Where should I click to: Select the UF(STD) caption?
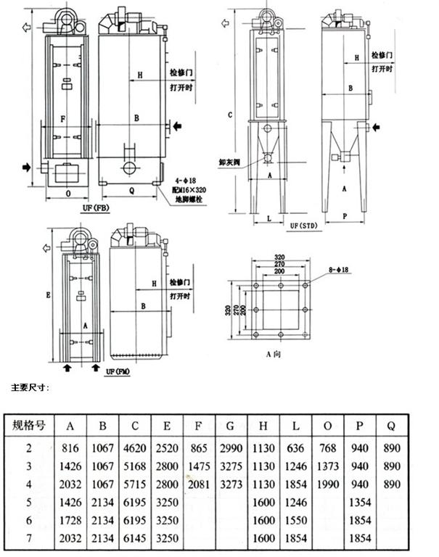[305, 226]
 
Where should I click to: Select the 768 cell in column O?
[328, 449]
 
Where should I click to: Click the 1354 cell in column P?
[360, 502]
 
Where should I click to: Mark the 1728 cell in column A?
[70, 520]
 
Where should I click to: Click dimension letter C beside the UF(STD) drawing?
[229, 115]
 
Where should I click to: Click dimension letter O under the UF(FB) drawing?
[67, 194]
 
